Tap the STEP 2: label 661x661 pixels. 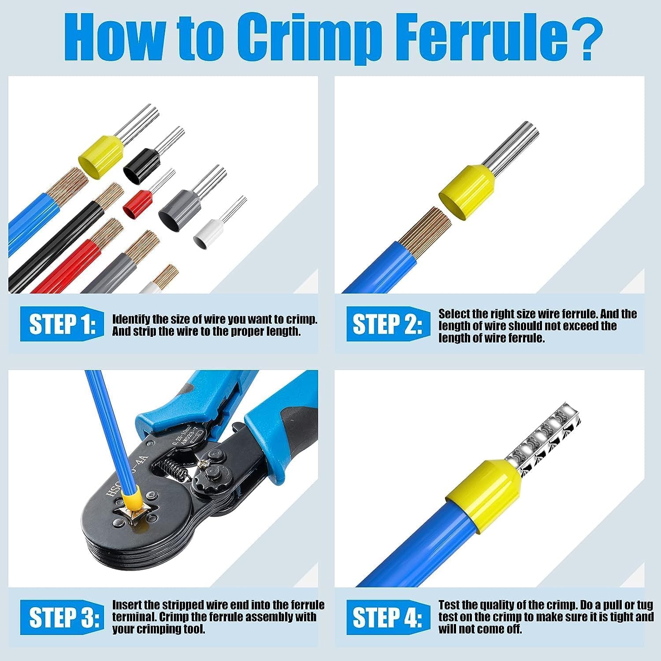point(387,325)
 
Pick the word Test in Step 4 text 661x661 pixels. point(449,605)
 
